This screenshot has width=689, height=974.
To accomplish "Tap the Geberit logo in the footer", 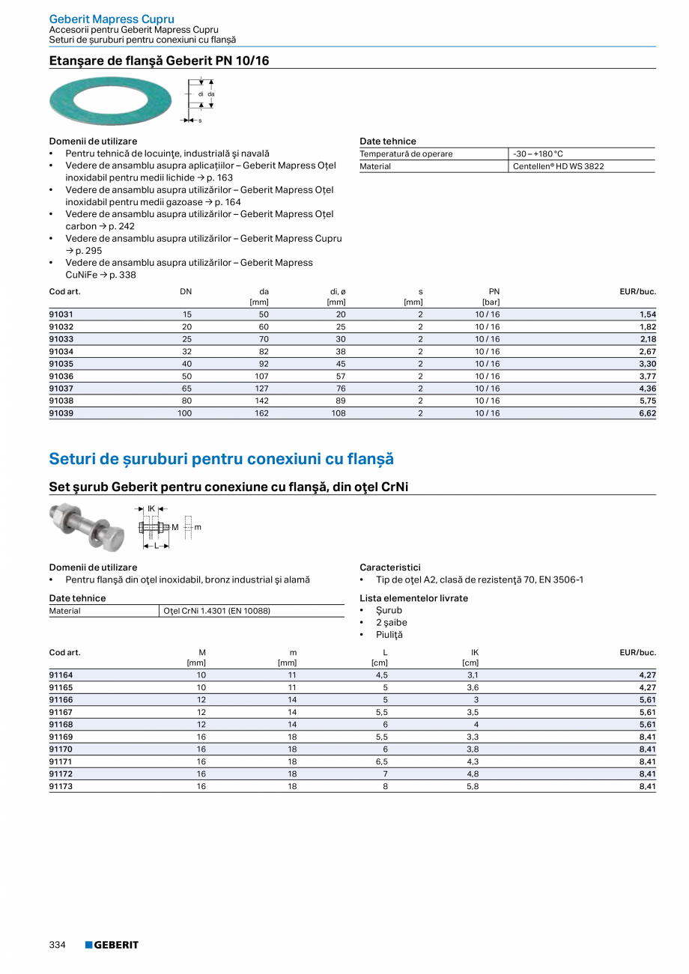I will point(112,945).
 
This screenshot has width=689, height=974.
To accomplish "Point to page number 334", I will point(58,945).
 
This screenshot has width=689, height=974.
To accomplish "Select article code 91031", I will point(61,314).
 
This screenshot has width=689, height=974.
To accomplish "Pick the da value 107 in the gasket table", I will point(261,376).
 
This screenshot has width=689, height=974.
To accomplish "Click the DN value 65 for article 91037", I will point(186,389).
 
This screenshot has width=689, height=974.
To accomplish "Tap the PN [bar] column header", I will point(492,296).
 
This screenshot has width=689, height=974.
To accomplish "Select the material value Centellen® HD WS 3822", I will point(558,166).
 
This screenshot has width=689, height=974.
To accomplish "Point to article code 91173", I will point(61,786).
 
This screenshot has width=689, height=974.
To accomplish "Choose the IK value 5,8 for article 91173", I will point(472,786).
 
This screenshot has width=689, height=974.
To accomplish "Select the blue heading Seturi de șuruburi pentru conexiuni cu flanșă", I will point(221,458).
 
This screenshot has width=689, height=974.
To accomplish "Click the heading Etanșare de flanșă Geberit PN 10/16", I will point(159,61).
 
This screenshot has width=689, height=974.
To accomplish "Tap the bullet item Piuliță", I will point(389,635).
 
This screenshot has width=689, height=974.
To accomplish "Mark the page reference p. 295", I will point(88,251).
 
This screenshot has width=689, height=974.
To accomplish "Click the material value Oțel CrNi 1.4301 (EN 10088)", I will point(216,611).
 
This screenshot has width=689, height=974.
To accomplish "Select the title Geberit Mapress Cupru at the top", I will point(112,19).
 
